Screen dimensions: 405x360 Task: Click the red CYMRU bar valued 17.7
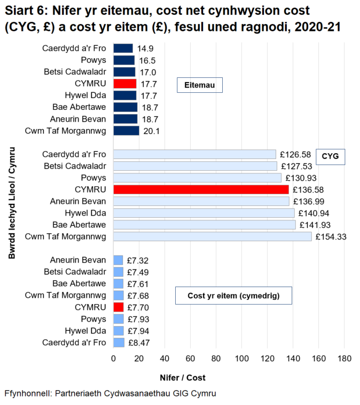125,84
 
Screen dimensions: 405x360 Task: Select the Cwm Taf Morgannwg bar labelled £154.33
212,236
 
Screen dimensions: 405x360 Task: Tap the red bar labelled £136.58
201,189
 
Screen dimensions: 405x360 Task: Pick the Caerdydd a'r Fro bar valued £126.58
194,154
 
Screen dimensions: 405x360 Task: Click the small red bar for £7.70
119,307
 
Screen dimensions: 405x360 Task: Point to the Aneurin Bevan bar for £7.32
118,260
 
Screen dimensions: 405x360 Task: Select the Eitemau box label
200,85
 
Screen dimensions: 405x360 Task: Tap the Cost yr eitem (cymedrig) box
233,295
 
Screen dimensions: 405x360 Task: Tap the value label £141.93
311,225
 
